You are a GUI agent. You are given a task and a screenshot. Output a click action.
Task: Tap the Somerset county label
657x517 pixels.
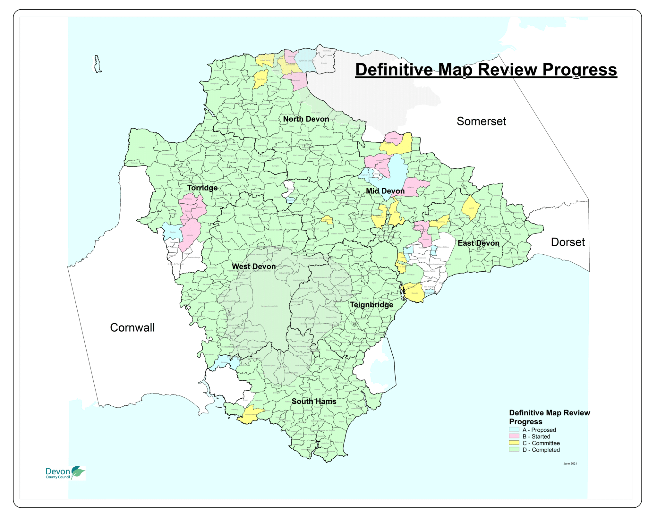tap(481, 121)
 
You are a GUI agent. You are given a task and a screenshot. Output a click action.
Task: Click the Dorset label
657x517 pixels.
tap(567, 242)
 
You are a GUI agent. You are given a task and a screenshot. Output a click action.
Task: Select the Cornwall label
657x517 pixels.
tap(132, 327)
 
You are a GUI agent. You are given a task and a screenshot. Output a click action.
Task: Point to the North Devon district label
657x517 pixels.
tap(306, 119)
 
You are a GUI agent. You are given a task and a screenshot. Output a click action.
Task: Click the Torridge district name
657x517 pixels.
tap(202, 188)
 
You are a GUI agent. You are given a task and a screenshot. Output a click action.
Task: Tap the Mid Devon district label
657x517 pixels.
tap(385, 191)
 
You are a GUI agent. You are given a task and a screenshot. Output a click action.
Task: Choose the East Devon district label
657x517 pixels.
tap(478, 243)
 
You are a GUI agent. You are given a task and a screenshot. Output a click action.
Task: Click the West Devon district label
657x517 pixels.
tap(254, 267)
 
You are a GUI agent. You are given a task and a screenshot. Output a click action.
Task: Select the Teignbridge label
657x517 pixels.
tap(371, 305)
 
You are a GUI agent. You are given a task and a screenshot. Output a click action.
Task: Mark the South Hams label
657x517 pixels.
tap(314, 402)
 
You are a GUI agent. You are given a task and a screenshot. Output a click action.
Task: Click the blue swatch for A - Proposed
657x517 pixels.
tap(514, 429)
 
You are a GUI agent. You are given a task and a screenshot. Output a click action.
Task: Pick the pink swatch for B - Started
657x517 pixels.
tap(514, 436)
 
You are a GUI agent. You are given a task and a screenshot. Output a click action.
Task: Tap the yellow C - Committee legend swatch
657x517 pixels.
tap(514, 443)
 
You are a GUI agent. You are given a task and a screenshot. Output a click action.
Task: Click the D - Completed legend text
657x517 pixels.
tap(541, 450)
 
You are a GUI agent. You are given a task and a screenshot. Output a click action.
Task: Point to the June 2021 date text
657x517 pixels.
tap(570, 463)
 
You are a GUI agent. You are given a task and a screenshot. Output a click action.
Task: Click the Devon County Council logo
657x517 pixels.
tap(65, 473)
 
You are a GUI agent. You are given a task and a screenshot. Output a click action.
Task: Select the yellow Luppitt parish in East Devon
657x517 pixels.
tap(471, 207)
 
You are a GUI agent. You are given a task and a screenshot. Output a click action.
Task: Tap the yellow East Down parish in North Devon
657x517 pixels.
tap(260, 79)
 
